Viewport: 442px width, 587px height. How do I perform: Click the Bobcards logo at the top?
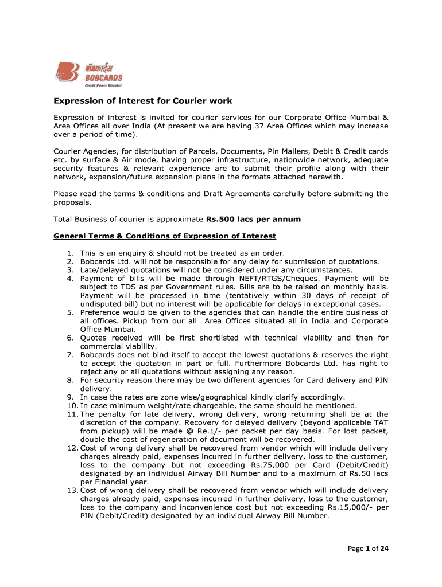pos(88,74)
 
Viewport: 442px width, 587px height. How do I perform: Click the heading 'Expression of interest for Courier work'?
pos(143,101)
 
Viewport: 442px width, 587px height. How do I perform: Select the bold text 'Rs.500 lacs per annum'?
pos(253,219)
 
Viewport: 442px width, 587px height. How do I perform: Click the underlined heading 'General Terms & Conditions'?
pos(165,236)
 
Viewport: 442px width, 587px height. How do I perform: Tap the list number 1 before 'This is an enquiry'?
pos(69,253)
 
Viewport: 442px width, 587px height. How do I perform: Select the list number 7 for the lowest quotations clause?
pos(69,355)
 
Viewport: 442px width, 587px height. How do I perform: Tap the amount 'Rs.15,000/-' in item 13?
pos(351,507)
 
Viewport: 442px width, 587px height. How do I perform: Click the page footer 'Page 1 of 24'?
pos(368,549)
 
